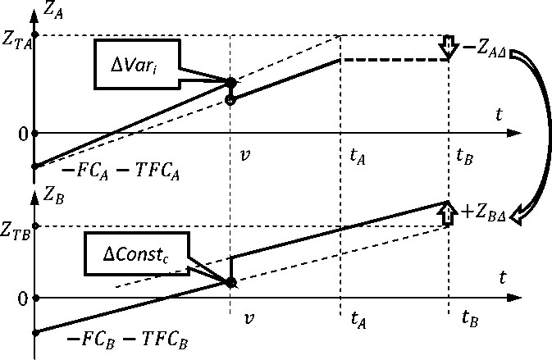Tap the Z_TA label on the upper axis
(x=16, y=42)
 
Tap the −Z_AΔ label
(x=484, y=48)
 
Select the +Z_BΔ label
(x=486, y=213)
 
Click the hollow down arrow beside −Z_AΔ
(x=448, y=47)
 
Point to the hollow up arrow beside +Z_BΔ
(x=448, y=213)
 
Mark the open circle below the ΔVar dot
(x=230, y=100)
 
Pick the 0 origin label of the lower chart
(x=22, y=298)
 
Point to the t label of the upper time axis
(x=498, y=115)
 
